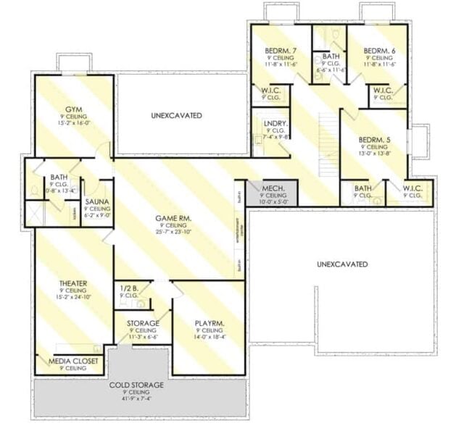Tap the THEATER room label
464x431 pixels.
pos(73,283)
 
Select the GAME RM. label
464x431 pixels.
pos(173,217)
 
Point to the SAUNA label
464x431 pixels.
pos(96,202)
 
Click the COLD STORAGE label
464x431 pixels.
pos(136,385)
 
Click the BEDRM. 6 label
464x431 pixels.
pos(378,50)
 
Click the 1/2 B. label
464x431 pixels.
pos(128,288)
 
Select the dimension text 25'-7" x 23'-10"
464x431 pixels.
pos(173,232)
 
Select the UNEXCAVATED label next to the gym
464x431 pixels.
pos(176,115)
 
